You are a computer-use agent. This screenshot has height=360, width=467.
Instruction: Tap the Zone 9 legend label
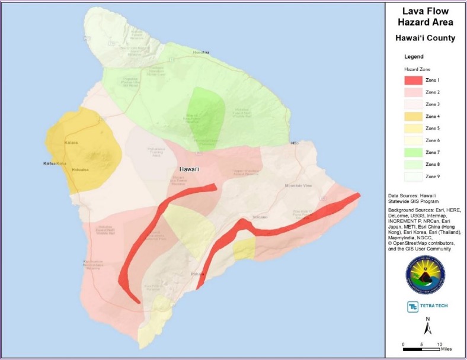[x=433, y=176]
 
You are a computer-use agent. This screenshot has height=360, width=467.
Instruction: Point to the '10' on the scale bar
[x=440, y=344]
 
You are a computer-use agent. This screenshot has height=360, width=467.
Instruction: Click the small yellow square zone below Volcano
[x=244, y=249]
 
